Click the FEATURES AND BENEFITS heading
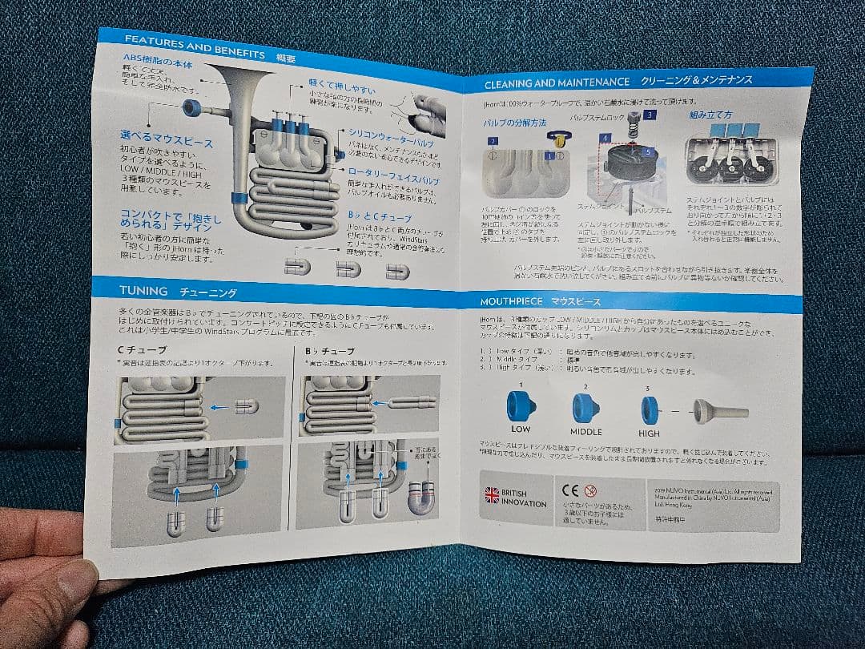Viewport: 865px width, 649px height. [195, 46]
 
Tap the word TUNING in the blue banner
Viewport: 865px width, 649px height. [143, 290]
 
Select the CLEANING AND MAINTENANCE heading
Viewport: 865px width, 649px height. [557, 83]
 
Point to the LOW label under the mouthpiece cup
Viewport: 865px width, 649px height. [521, 429]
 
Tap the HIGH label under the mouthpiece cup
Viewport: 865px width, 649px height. [649, 433]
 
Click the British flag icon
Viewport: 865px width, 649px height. [491, 494]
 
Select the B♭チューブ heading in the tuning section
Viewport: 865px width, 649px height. [329, 351]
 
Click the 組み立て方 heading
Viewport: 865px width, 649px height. [710, 115]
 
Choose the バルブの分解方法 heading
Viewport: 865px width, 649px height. [514, 123]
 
